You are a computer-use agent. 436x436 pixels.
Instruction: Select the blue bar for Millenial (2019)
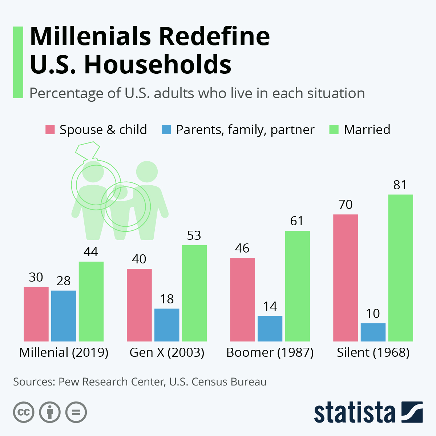click(x=64, y=316)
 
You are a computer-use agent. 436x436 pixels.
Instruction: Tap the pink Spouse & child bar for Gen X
click(x=139, y=305)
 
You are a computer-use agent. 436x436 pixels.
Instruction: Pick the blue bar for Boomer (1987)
click(x=270, y=328)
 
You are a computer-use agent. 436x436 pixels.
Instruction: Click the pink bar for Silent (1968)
click(x=346, y=278)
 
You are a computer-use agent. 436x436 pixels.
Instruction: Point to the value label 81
click(x=400, y=185)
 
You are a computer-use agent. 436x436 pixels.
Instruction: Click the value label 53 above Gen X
click(x=194, y=236)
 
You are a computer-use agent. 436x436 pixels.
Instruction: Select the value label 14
click(x=270, y=306)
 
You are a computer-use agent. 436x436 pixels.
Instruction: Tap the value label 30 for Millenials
click(x=36, y=277)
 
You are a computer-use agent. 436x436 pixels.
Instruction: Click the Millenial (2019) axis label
click(x=64, y=352)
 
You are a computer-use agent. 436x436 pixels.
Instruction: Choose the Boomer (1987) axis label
click(x=270, y=352)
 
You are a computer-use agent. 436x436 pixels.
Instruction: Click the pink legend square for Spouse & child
click(x=50, y=130)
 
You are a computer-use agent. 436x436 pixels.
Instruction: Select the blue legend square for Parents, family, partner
click(x=166, y=130)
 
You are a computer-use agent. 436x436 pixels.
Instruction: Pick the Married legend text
click(x=367, y=130)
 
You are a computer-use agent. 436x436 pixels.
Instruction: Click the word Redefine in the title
click(x=214, y=36)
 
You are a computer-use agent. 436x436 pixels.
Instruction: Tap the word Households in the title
click(x=158, y=65)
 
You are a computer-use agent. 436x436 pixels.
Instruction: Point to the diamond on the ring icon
click(x=88, y=150)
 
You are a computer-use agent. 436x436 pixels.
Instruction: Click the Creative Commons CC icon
click(x=24, y=412)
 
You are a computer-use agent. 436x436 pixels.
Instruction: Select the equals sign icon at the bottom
click(x=76, y=412)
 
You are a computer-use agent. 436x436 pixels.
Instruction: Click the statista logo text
click(x=354, y=412)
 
